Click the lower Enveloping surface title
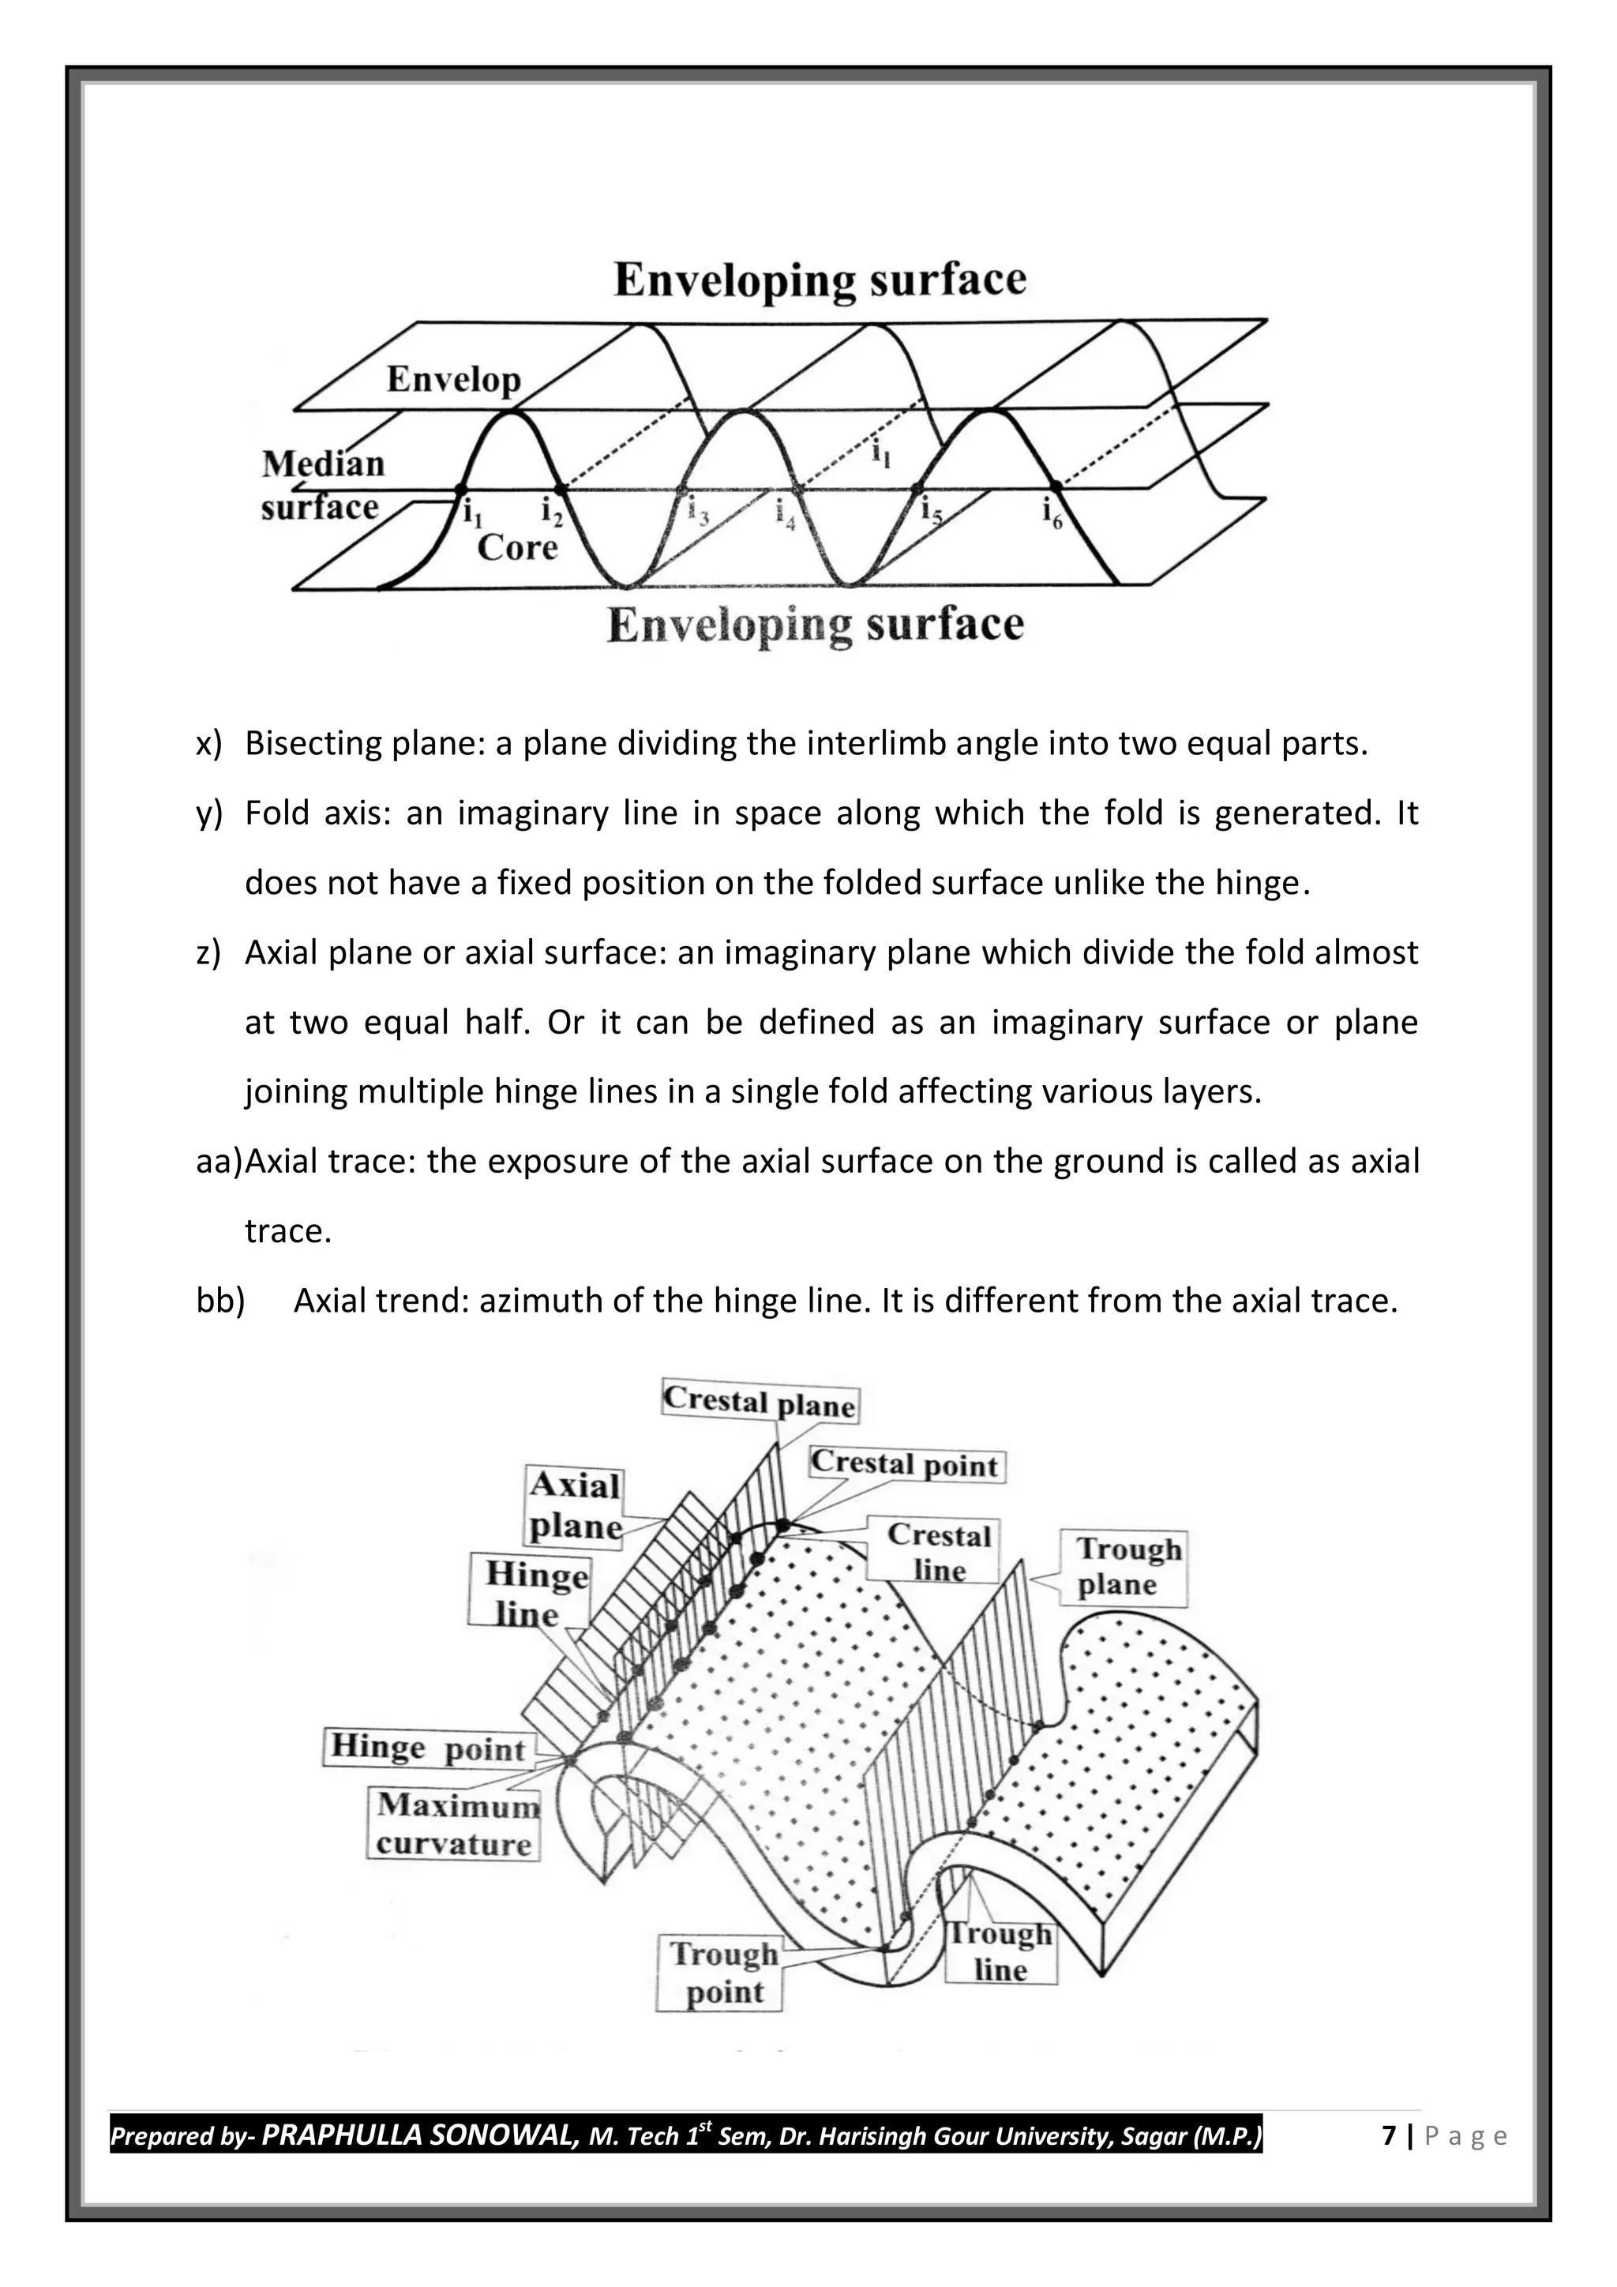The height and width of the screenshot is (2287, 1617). click(815, 625)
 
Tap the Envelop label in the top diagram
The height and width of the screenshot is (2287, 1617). click(453, 380)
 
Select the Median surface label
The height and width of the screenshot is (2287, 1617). click(321, 486)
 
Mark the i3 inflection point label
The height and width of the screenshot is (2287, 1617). click(698, 511)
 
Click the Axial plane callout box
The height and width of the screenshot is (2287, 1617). click(575, 1505)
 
